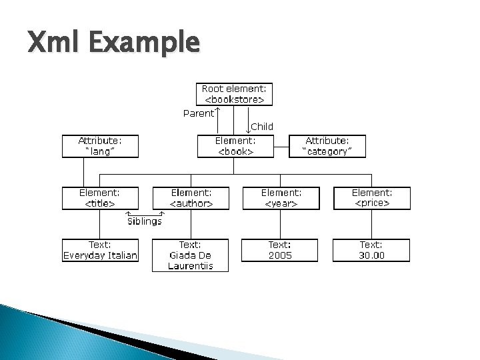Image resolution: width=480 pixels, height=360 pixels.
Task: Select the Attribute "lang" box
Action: coord(100,146)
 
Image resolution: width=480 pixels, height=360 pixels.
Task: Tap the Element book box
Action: coord(235,146)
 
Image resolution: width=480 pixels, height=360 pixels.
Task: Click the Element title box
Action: coord(100,197)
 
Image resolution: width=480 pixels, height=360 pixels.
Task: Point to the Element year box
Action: coord(280,197)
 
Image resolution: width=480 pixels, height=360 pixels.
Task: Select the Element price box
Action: coord(371,197)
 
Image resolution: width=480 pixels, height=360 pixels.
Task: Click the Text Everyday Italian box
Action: coord(100,250)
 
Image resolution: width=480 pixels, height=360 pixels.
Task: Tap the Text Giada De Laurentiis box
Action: coord(190,255)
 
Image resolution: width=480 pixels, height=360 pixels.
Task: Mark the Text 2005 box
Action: coord(280,250)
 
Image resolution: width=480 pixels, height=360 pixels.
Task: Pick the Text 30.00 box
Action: coord(371,250)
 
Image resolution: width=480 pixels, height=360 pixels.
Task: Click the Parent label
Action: coord(199,113)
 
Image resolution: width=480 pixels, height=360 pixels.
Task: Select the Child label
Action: coord(261,126)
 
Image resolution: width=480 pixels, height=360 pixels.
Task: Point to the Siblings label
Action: coord(144,221)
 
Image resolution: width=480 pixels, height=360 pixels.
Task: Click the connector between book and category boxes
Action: coord(281,146)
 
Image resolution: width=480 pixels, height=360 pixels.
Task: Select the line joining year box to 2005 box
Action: coord(280,223)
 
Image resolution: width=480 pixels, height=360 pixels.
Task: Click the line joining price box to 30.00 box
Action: coord(371,223)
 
